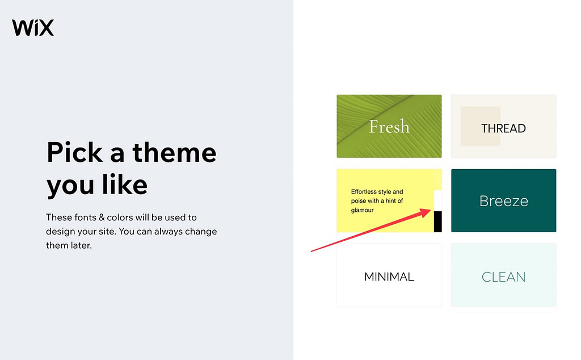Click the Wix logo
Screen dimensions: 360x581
click(33, 27)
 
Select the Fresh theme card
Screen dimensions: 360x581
click(389, 126)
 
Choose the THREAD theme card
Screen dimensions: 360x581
click(503, 126)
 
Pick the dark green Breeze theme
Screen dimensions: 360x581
click(503, 200)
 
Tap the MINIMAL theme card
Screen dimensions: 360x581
click(389, 277)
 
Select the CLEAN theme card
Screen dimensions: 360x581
click(503, 277)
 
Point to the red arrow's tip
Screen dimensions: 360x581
click(430, 210)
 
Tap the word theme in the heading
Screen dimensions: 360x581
click(174, 153)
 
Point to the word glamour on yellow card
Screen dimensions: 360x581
click(363, 210)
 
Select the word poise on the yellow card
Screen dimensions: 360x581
click(360, 201)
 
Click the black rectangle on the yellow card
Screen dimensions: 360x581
click(437, 221)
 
